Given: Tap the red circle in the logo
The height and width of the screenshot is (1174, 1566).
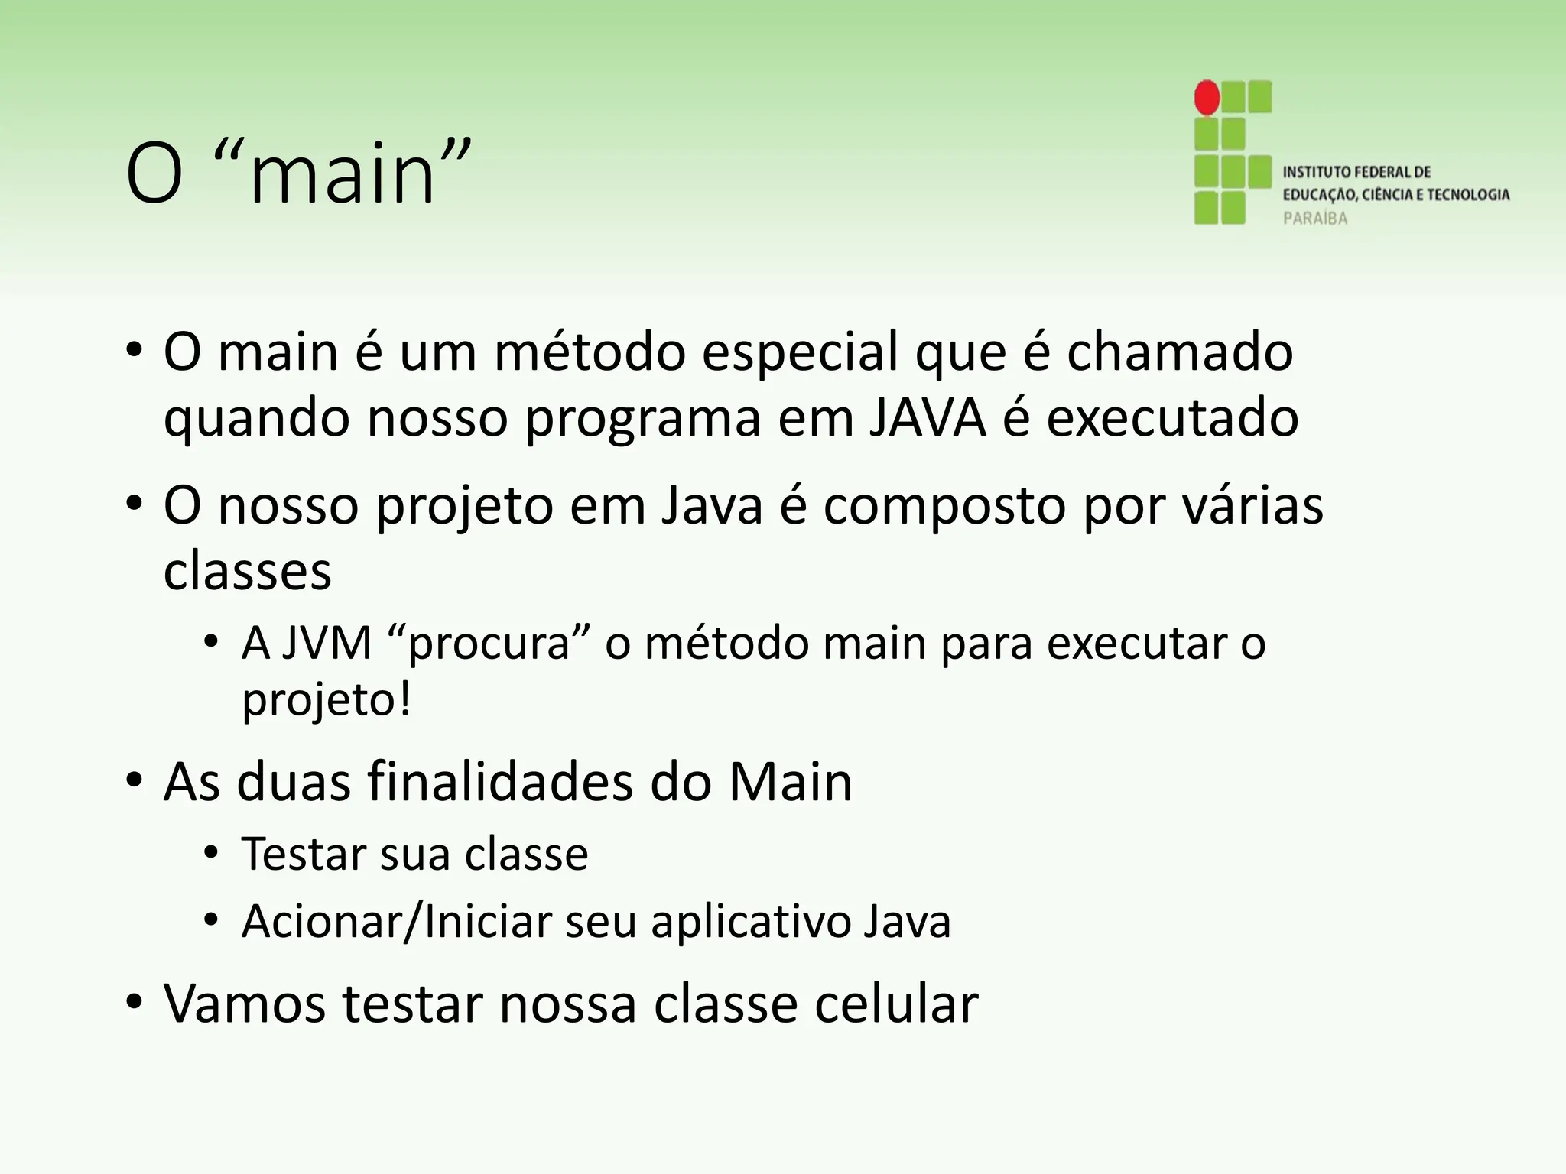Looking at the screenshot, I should (1207, 98).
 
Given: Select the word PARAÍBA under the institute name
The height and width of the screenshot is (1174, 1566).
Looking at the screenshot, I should (1314, 219).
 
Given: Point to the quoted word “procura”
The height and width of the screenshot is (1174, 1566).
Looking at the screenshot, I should (490, 644).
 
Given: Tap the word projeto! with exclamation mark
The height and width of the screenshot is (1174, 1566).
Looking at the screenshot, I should (327, 700).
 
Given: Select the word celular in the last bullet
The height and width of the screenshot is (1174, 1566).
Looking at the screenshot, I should (895, 1003).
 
